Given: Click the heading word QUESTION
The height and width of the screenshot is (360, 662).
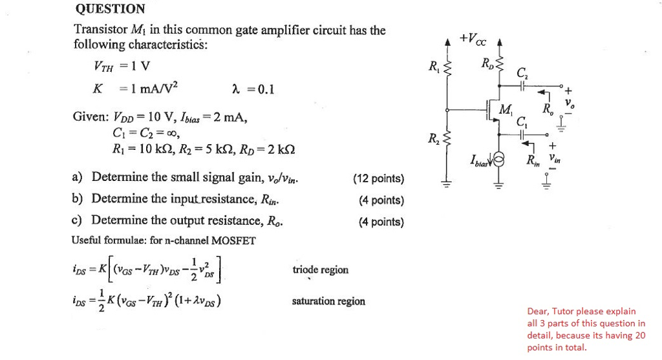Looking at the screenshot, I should pos(110,9).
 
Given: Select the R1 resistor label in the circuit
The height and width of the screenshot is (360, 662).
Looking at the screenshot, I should pos(432,65).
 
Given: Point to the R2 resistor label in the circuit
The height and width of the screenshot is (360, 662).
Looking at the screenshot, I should pos(432,138).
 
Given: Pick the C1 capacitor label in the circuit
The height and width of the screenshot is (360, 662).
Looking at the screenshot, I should pos(522,120).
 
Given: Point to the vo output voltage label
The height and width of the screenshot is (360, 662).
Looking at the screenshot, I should pos(569,103).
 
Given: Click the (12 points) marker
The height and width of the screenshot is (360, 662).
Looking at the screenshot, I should pos(379,178).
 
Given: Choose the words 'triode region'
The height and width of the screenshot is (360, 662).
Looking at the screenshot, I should pos(320,270).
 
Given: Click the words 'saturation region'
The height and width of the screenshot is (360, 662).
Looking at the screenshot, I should pos(328,301).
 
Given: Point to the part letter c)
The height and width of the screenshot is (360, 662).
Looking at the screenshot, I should pos(78,220).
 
